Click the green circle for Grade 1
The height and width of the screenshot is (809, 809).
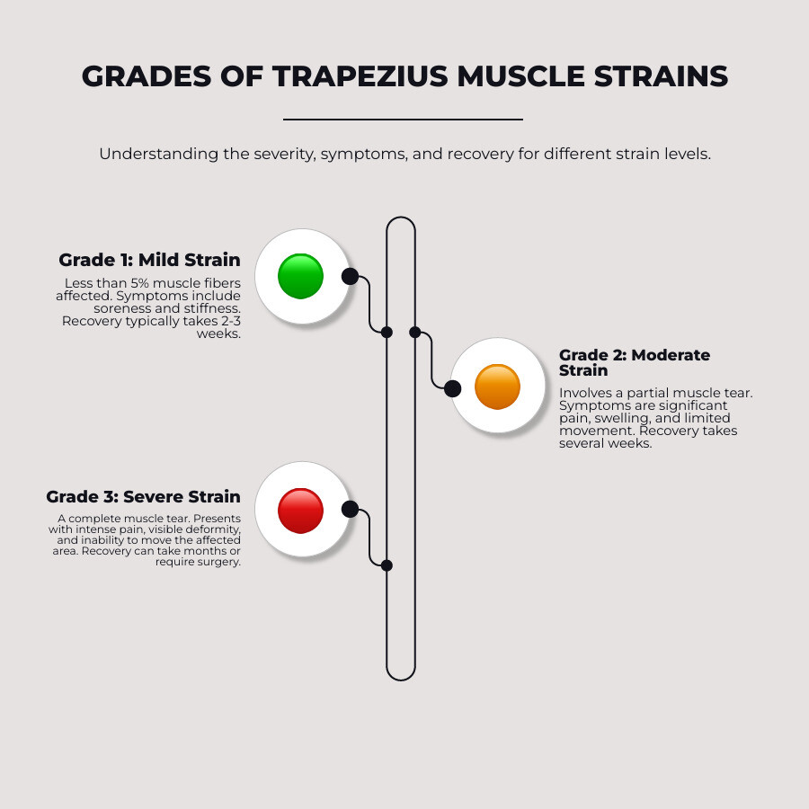click(300, 276)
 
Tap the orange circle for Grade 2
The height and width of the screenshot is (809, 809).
click(497, 387)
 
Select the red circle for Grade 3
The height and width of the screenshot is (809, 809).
click(300, 510)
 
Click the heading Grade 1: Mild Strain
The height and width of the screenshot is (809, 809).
click(149, 260)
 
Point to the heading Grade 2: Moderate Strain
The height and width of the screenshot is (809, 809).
click(635, 362)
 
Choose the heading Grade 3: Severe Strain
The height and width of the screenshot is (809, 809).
click(143, 496)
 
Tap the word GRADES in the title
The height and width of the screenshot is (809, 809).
click(139, 76)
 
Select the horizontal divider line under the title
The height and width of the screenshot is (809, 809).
click(403, 119)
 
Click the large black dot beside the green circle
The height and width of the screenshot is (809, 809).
click(350, 276)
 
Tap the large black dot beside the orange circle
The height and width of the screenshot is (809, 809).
click(453, 388)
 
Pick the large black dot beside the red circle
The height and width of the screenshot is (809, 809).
click(350, 510)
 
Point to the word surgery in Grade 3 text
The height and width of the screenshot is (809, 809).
click(219, 562)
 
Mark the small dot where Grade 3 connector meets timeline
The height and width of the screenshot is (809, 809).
click(387, 565)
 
